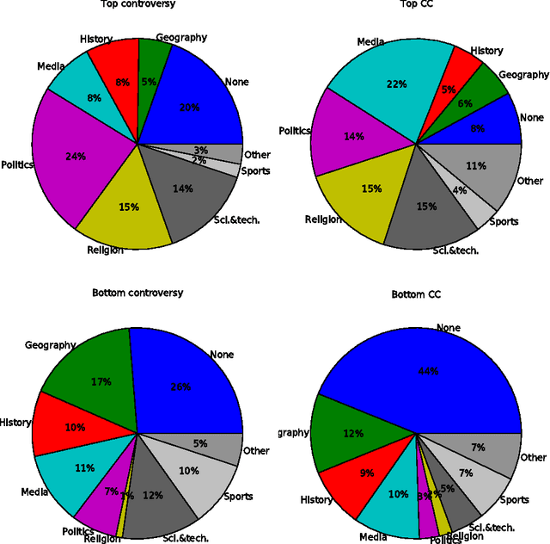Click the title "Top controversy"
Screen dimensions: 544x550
137,4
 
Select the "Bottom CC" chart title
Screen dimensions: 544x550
416,294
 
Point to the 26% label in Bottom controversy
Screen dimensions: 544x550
180,387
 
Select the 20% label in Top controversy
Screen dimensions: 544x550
188,108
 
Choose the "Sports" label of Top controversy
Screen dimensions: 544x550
256,170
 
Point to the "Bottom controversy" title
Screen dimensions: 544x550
137,293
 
